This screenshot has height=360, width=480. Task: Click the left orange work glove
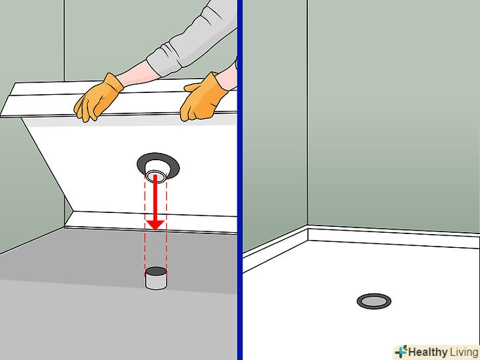point(98,98)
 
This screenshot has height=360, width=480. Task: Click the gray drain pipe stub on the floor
point(156,278)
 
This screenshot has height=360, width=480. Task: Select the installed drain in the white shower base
point(374,301)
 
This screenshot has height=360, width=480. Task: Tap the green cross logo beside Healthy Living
point(401,351)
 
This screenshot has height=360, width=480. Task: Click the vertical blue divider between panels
point(240,180)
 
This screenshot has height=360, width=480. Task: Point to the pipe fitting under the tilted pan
point(156,172)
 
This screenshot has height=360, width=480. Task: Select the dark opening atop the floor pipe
point(156,271)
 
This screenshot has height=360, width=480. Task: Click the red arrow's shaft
point(156,197)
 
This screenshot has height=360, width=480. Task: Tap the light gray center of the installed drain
point(374,301)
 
